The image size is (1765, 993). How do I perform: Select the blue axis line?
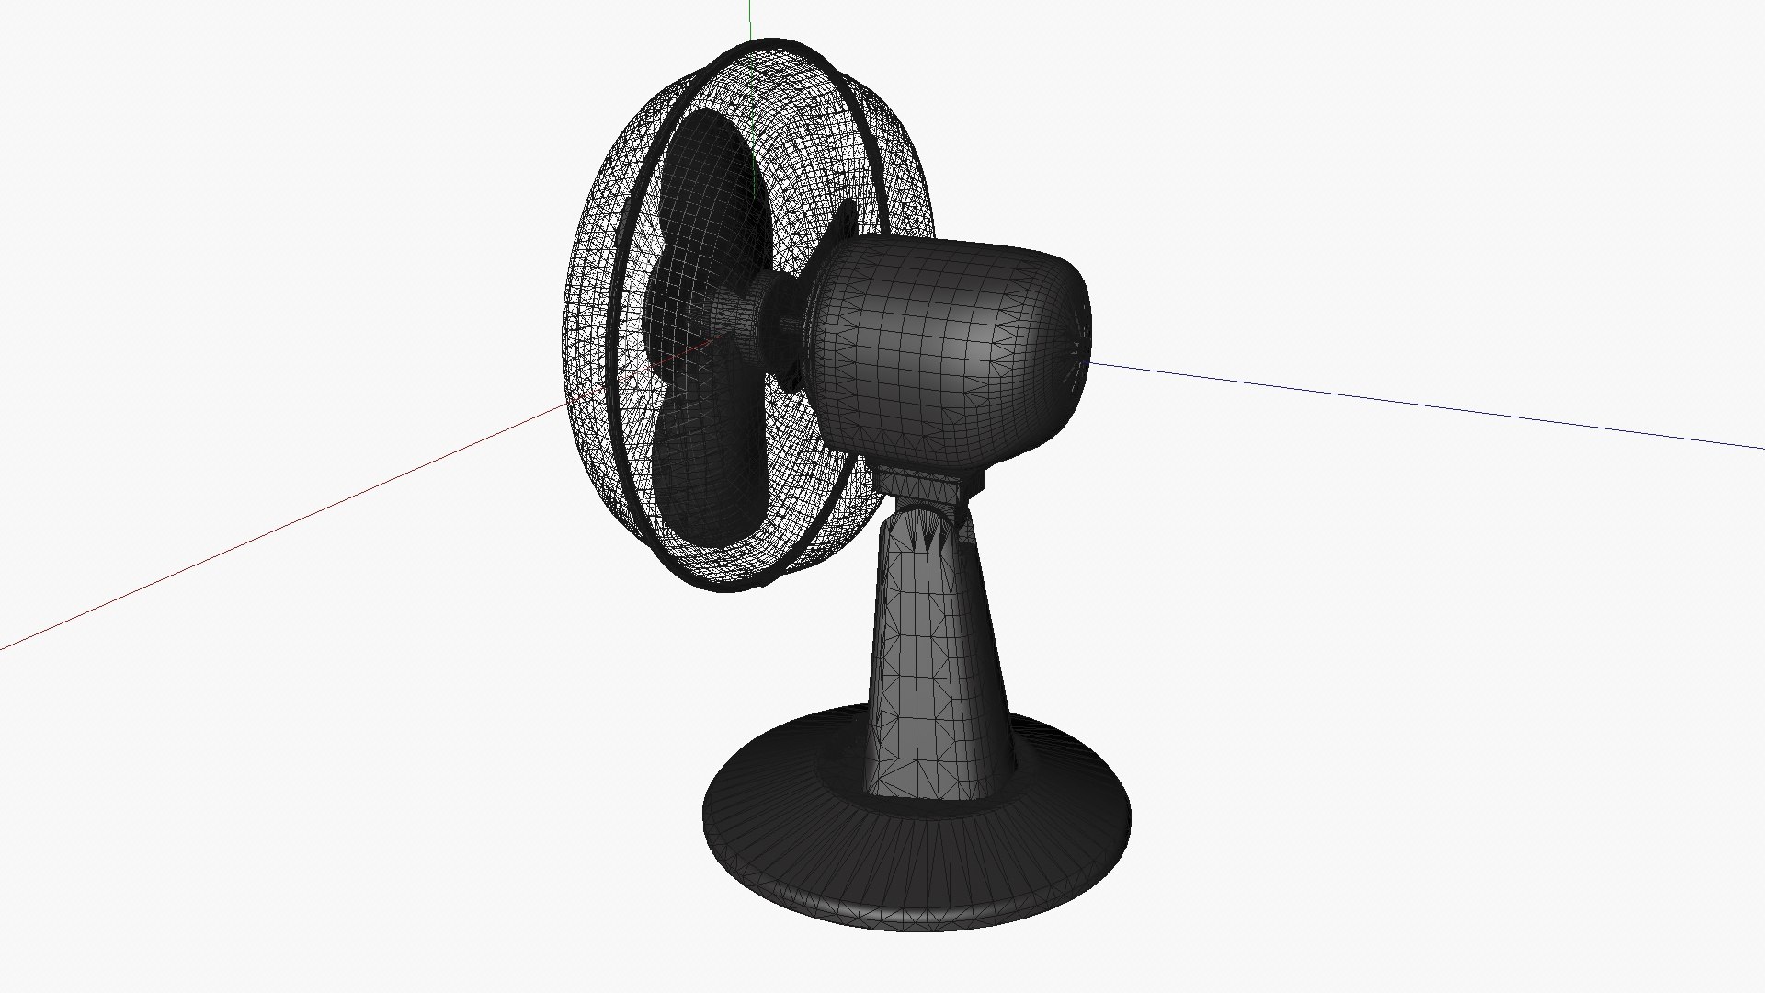point(1425,405)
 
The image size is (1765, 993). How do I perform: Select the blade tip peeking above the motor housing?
point(844,221)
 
